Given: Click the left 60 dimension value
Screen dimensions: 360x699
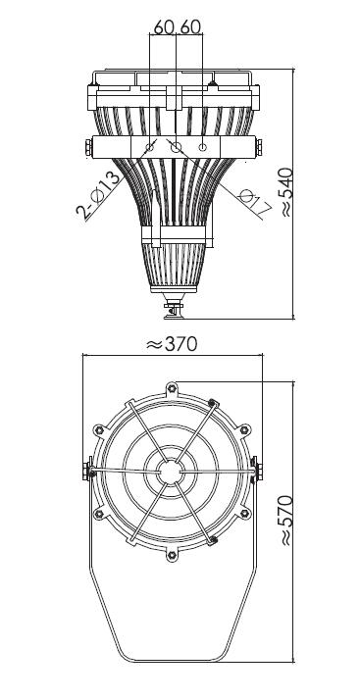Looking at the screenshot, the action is point(164,27).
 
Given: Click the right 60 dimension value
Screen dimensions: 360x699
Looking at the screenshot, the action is point(190,27).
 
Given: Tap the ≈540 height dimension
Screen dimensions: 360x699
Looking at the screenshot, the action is point(286,192).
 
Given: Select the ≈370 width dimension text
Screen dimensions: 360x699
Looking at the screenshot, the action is point(172,344).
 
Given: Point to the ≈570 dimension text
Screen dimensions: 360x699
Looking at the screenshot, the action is point(286,520).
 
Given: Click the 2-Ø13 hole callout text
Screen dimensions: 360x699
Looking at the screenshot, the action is point(99,197).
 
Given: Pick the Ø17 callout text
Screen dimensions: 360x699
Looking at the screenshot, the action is point(255,202).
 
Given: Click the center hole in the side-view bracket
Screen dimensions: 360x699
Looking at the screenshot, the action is point(177,148).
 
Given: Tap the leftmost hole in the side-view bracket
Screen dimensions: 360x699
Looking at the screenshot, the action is point(150,147).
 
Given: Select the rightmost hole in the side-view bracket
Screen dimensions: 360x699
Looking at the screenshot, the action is point(202,147).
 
